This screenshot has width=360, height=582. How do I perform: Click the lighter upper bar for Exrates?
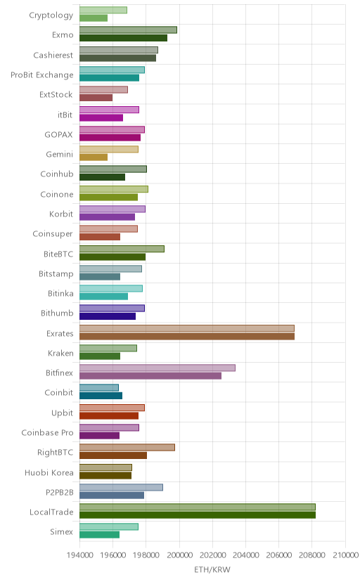tap(187, 328)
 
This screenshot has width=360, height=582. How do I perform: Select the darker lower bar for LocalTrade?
tap(198, 515)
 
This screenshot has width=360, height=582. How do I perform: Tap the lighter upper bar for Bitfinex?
tap(157, 368)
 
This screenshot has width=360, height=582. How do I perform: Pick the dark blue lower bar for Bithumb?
tap(108, 316)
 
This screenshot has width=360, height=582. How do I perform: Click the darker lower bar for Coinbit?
tap(101, 396)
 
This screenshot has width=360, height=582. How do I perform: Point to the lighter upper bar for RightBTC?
tap(127, 447)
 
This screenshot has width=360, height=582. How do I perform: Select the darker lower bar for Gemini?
tap(94, 157)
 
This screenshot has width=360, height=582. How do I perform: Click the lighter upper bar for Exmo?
tap(128, 30)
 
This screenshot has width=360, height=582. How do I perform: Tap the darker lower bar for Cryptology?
tap(94, 18)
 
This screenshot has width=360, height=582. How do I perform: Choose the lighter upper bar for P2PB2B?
tap(121, 487)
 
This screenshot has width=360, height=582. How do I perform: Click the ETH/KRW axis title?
tap(212, 570)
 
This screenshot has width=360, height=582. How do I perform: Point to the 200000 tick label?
tap(179, 555)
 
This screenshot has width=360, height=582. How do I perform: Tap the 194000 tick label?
tap(79, 555)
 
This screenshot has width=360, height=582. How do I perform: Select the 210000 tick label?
tap(345, 555)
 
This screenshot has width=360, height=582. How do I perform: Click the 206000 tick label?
tap(279, 555)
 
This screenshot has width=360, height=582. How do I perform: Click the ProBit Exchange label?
tap(42, 75)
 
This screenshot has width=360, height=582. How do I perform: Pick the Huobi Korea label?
tap(49, 472)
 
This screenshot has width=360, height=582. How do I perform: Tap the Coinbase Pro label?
tap(48, 433)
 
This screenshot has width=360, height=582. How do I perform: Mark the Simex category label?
tap(62, 532)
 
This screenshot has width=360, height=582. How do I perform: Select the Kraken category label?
tap(60, 353)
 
